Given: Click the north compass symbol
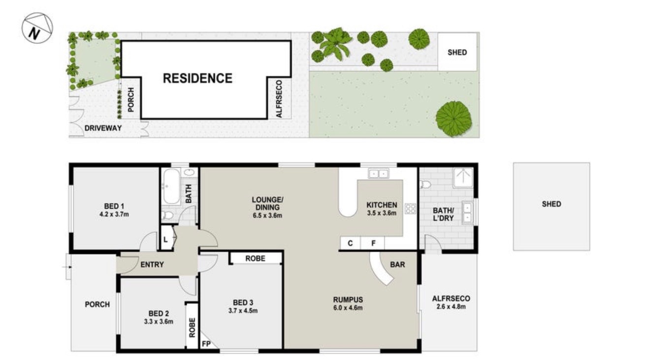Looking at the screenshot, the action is point(37,28).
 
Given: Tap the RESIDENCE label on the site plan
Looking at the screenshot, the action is point(197,78).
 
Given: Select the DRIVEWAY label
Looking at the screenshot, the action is point(103,128).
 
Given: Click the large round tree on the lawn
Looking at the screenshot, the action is point(454,119).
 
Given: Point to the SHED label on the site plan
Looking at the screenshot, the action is point(457,53).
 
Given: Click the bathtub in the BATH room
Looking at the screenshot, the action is point(171,186).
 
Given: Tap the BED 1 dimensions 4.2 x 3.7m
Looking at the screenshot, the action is point(114,215).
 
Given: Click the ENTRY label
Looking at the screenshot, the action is point(152,264).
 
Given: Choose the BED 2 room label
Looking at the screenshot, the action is point(159,314).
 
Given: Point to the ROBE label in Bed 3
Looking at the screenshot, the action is point(256,259).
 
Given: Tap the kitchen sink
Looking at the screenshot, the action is point(379,174).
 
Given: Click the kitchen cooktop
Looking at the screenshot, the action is point(411,208).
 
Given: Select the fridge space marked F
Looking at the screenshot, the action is point(373,243).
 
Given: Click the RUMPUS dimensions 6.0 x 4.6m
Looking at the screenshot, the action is point(348,308).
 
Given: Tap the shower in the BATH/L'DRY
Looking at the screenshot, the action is point(463,178).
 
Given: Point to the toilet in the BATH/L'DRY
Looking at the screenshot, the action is point(425,184).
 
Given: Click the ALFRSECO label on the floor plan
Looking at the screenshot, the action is point(451,298).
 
